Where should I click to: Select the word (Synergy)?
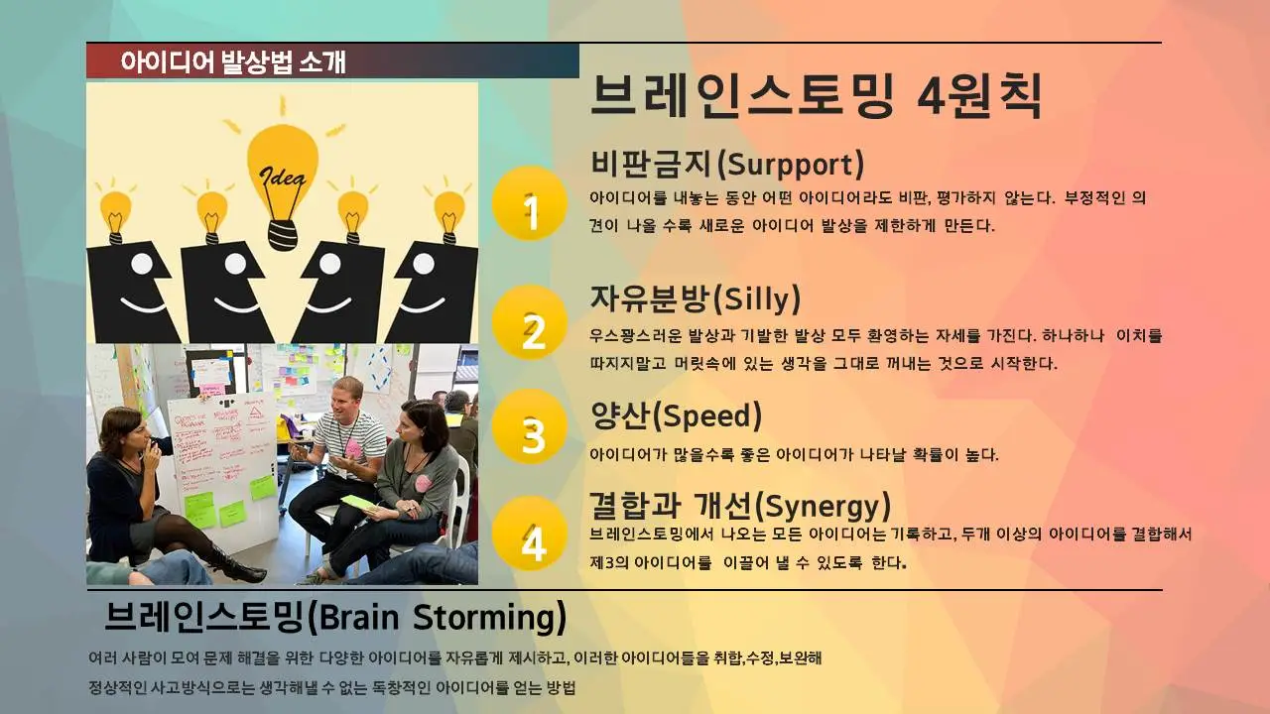click(x=823, y=506)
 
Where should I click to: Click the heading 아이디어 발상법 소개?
click(x=233, y=61)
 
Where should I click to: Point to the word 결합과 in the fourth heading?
click(x=635, y=506)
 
